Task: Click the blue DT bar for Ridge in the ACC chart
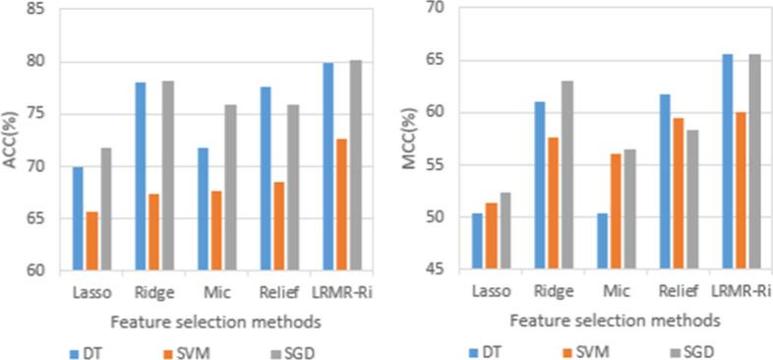click(x=141, y=176)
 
